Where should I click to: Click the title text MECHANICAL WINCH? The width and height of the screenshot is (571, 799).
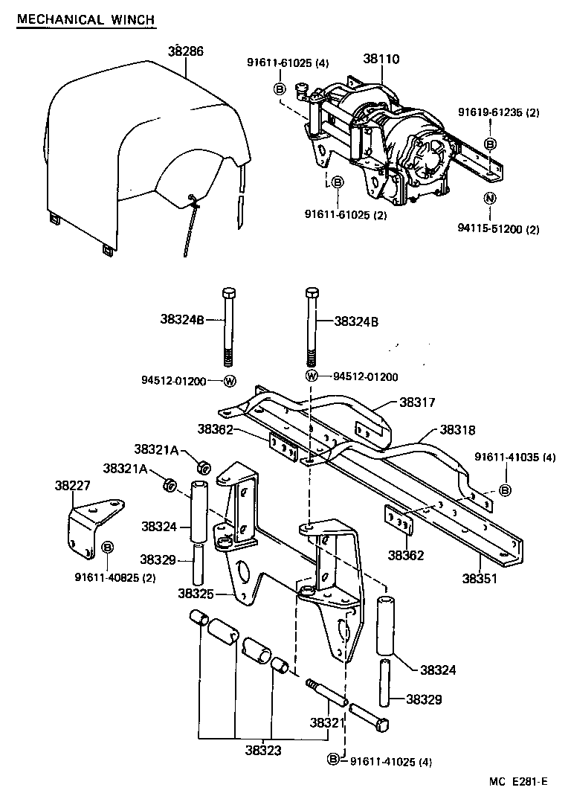pyautogui.click(x=86, y=19)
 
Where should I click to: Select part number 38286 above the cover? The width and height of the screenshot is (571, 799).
pyautogui.click(x=185, y=51)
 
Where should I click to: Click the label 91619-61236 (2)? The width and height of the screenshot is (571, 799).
pyautogui.click(x=497, y=112)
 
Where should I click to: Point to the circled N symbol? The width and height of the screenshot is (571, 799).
pyautogui.click(x=489, y=198)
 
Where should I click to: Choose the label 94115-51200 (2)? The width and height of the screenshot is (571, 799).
pyautogui.click(x=497, y=230)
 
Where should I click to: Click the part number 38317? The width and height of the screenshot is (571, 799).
pyautogui.click(x=418, y=402)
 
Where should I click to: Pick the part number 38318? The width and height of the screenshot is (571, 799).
pyautogui.click(x=458, y=429)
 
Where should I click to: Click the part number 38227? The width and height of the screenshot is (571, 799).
pyautogui.click(x=73, y=485)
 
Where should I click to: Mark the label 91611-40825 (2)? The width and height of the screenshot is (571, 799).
pyautogui.click(x=114, y=577)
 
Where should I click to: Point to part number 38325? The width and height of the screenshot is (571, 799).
pyautogui.click(x=196, y=593)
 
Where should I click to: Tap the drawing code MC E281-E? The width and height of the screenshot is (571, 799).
pyautogui.click(x=517, y=781)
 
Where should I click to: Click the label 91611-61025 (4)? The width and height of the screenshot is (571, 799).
pyautogui.click(x=288, y=63)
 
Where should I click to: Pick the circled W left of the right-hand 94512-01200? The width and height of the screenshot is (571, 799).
pyautogui.click(x=312, y=376)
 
